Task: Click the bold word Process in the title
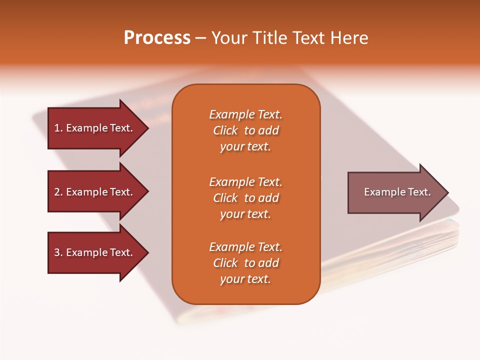click(x=157, y=38)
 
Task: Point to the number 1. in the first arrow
click(x=58, y=128)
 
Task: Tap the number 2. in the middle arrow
click(x=58, y=192)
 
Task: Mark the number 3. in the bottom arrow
click(x=58, y=252)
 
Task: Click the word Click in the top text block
click(x=225, y=130)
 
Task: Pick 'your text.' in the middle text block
click(x=245, y=214)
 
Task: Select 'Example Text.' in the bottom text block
click(x=245, y=247)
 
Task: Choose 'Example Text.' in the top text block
click(x=245, y=114)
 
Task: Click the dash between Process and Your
click(x=200, y=38)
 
